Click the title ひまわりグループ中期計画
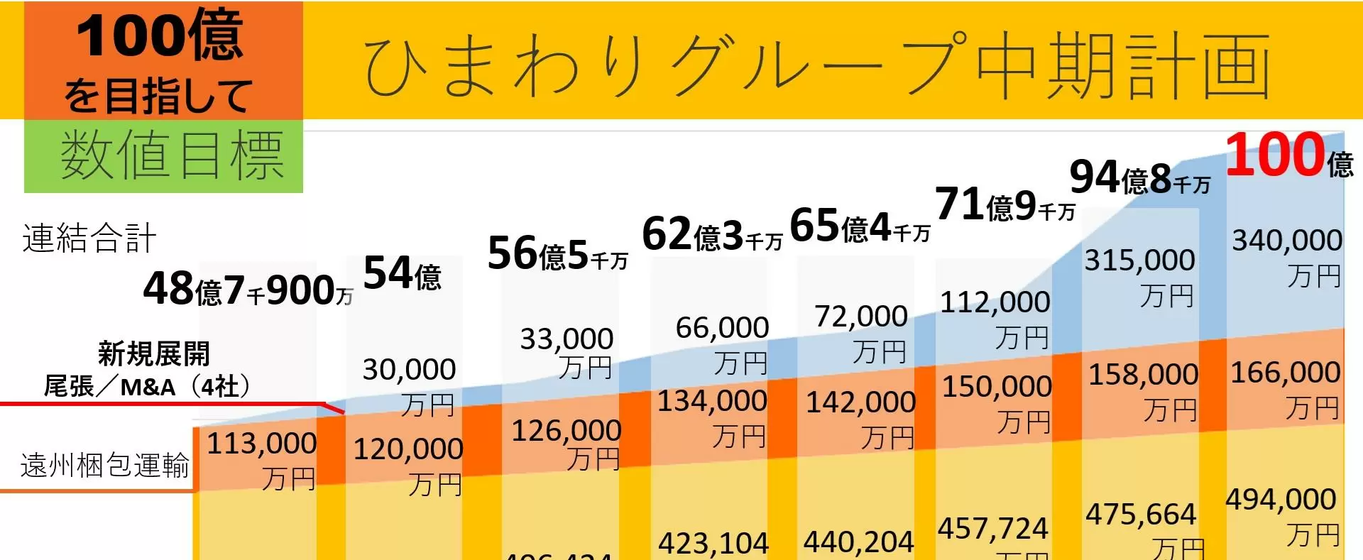816,64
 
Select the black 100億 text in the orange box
160,35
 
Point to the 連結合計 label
89,238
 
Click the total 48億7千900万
248,290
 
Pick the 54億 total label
402,273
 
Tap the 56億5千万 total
557,254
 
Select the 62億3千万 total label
711,235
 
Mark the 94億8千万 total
1139,177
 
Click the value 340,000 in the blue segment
1286,241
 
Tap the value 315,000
1139,260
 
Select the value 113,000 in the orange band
261,444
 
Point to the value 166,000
1285,373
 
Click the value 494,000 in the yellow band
1281,500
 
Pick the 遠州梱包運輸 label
104,466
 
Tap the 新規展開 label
153,353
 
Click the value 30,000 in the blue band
409,370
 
